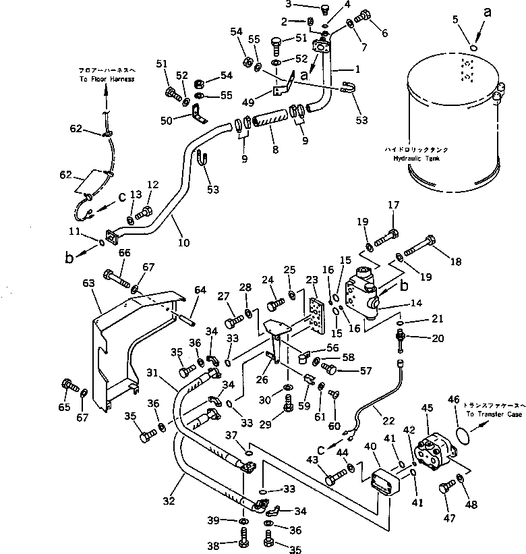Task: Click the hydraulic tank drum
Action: (x=452, y=128)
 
